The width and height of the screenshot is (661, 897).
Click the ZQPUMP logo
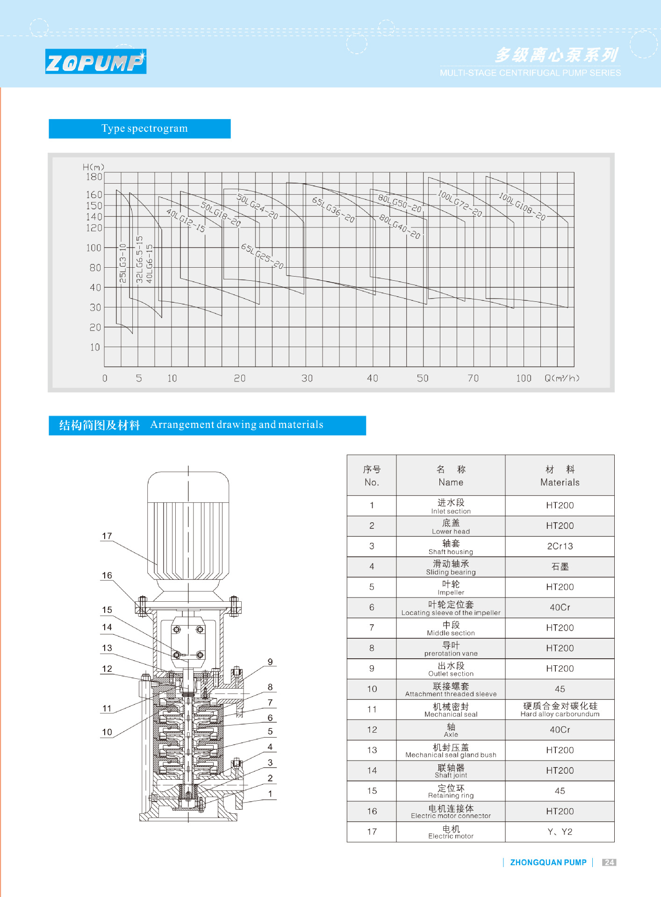pos(96,62)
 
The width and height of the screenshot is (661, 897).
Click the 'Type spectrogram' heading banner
pos(140,128)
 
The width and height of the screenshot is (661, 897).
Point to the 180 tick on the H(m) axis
pos(93,177)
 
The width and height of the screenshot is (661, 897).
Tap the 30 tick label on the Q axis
pos(307,378)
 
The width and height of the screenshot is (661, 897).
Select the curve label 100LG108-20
pos(522,206)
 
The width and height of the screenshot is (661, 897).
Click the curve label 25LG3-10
pos(123,263)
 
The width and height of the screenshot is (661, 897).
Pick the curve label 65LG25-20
pos(262,256)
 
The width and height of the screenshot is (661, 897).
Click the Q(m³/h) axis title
pos(561,378)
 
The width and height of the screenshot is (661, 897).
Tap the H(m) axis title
pos(93,167)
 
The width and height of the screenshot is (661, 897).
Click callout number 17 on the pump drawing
pos(107,536)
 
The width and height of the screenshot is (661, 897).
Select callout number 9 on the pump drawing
pos(270,662)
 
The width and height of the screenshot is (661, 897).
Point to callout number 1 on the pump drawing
pos(270,793)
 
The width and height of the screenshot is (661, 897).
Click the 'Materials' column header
pos(560,476)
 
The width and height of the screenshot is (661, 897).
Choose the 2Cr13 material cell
pos(560,546)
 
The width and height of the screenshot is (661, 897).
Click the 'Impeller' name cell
pos(451,587)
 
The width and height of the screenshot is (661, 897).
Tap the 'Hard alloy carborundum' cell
pos(560,709)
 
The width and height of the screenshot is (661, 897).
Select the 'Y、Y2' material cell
pos(560,832)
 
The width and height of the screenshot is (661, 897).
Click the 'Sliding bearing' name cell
pos(451,567)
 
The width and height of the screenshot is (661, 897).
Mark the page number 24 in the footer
pos(609,862)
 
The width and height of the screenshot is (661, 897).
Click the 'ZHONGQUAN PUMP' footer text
pos(548,862)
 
